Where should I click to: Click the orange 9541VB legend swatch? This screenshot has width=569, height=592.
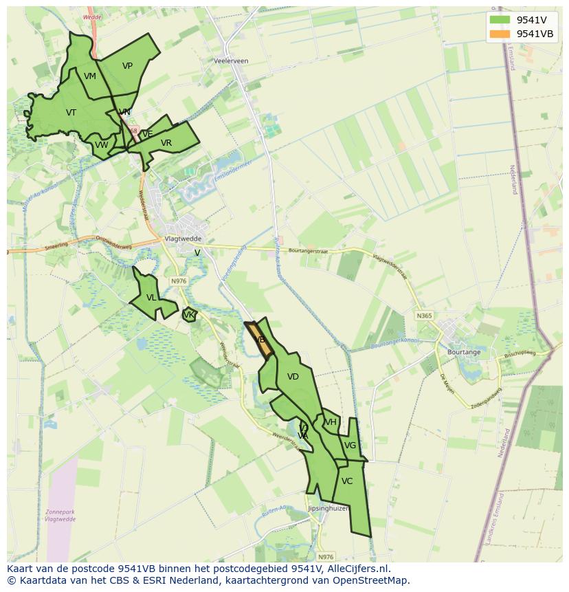click(500, 34)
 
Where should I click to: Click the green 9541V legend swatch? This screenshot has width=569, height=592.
click(500, 20)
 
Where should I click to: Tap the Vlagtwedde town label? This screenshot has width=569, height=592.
click(182, 239)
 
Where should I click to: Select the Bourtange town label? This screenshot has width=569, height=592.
click(464, 352)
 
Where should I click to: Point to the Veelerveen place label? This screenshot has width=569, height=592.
click(231, 61)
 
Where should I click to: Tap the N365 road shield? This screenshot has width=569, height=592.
click(424, 316)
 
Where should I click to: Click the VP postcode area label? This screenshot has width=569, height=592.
click(127, 66)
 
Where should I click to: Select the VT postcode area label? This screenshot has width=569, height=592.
click(71, 113)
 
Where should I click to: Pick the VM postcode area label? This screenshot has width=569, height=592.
click(90, 76)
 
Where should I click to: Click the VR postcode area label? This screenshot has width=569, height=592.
click(166, 143)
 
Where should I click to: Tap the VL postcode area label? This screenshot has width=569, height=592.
click(151, 298)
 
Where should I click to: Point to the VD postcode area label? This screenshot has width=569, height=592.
click(293, 377)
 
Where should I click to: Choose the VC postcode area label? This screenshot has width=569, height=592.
click(347, 481)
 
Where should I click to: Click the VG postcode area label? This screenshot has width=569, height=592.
click(350, 446)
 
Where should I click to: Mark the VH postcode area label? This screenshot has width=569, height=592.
click(331, 422)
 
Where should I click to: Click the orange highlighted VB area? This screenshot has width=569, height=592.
click(262, 340)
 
